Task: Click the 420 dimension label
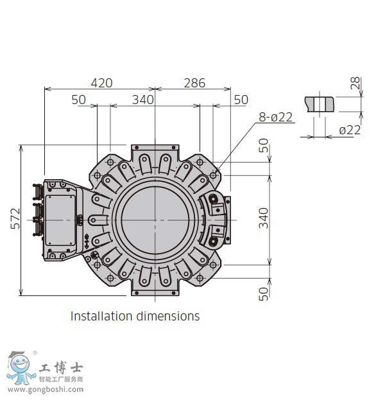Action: pos(101,83)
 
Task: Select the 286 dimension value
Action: pos(194,83)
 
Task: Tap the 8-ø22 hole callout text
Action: pos(276,117)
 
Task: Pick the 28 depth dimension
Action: pos(355,83)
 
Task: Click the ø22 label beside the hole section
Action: pos(350,130)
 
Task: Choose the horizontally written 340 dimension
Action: pos(142,100)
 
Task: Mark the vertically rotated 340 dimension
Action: pos(264,218)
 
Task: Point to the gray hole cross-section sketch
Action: pos(320,103)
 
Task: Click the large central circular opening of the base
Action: pos(155,220)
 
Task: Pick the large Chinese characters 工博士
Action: pos(61,368)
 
